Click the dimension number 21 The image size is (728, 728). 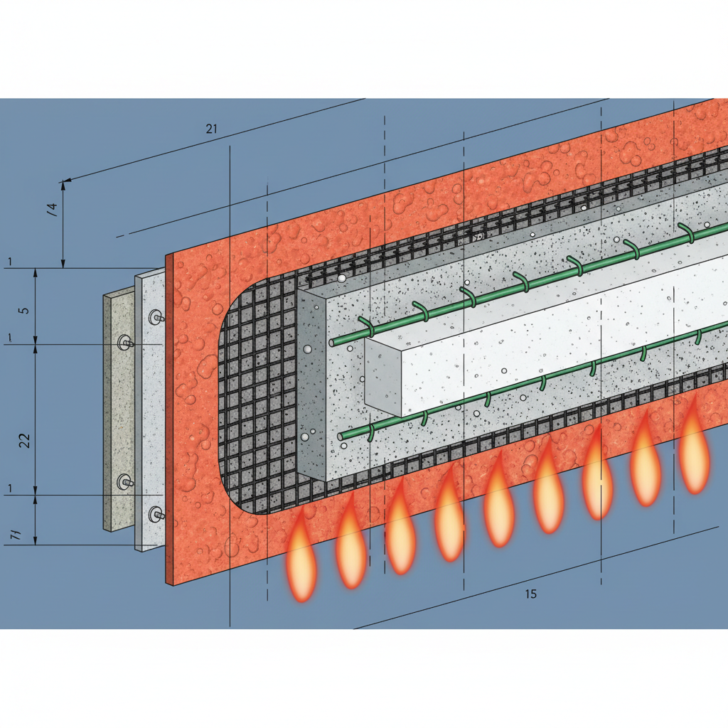pyautogui.click(x=211, y=129)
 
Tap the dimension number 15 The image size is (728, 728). pyautogui.click(x=530, y=594)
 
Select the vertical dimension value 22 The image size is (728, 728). pyautogui.click(x=25, y=440)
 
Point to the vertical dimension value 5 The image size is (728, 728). pyautogui.click(x=25, y=311)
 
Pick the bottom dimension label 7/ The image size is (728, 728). pyautogui.click(x=16, y=535)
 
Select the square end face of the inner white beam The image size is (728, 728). pyautogui.click(x=382, y=374)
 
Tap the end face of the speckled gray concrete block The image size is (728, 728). pyautogui.click(x=311, y=384)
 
